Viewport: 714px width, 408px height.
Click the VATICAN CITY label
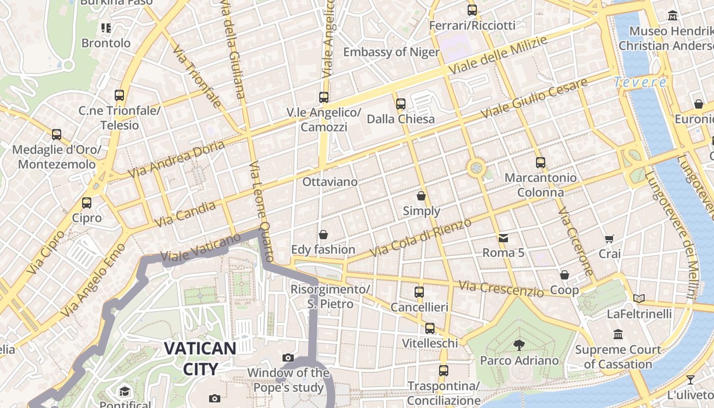[x=200, y=359]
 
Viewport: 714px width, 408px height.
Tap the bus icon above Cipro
[x=87, y=202]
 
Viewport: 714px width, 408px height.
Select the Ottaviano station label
[x=330, y=182]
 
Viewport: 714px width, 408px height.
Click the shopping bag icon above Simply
[x=421, y=195]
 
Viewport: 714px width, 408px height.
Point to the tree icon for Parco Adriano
[x=519, y=345]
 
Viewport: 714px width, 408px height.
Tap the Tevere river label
[x=640, y=82]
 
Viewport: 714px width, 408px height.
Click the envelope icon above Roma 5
[x=503, y=238]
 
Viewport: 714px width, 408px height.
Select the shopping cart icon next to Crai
[x=609, y=239]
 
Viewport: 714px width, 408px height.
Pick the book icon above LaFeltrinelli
[x=639, y=298]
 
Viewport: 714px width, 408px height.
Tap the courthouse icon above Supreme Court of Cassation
[x=618, y=335]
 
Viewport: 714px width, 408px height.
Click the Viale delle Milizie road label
[x=497, y=55]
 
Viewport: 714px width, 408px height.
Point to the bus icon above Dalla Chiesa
[x=401, y=104]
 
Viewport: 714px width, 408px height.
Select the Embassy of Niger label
[x=391, y=52]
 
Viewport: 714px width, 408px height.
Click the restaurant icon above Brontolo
[x=106, y=28]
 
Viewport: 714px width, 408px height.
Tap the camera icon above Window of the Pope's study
[x=288, y=358]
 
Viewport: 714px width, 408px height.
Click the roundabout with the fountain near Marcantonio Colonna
[x=476, y=167]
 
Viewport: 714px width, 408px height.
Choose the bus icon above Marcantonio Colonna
[x=541, y=163]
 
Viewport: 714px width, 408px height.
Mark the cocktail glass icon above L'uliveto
[x=690, y=379]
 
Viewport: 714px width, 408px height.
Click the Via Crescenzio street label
[x=501, y=289]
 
